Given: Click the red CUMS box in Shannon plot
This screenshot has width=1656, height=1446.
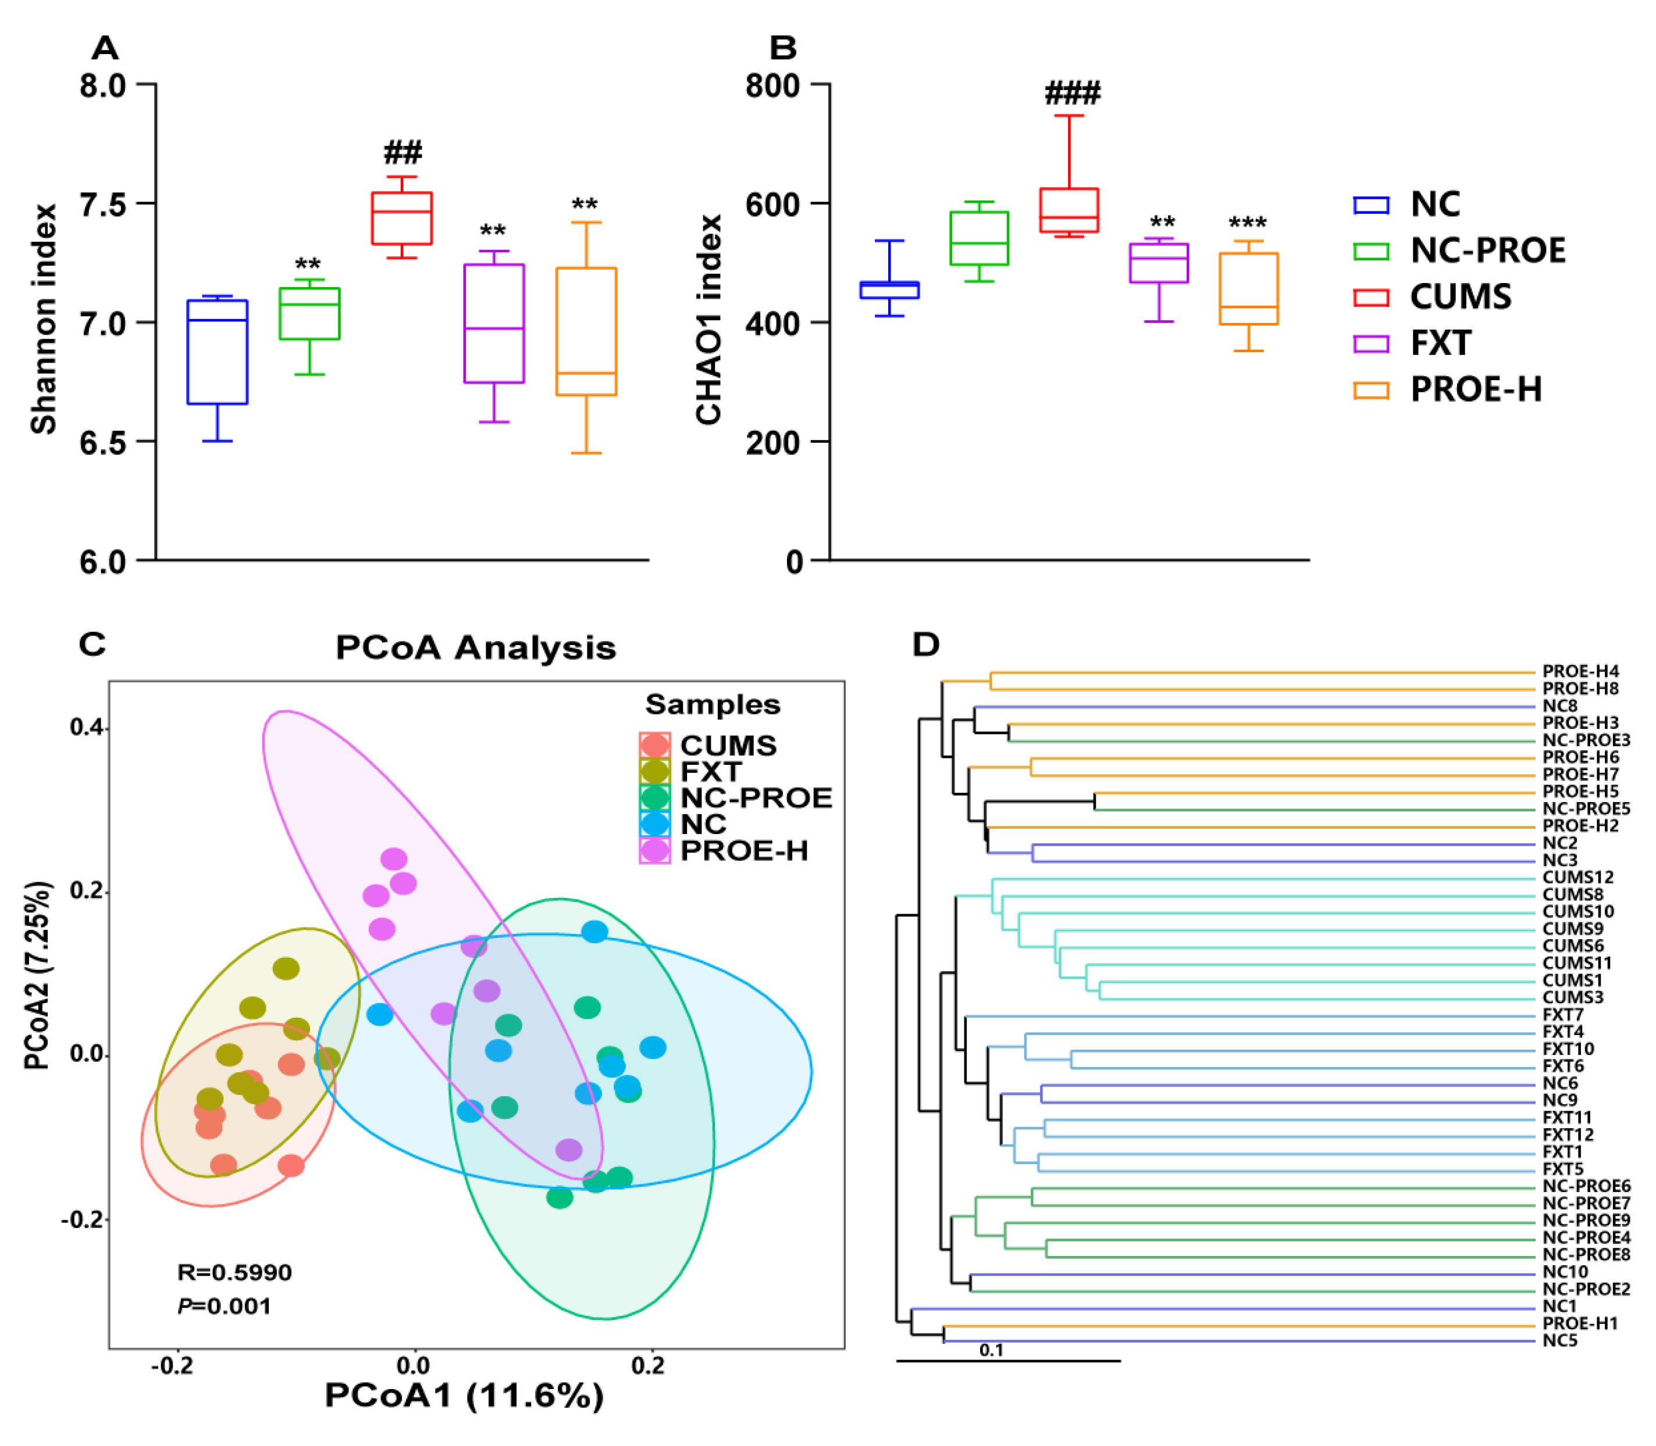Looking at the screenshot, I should point(401,218).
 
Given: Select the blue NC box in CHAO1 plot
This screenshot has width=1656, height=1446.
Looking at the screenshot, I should point(889,289).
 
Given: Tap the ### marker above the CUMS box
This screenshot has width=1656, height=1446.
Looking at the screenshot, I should point(1071,94).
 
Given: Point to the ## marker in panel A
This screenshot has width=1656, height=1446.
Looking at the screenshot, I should point(402,152).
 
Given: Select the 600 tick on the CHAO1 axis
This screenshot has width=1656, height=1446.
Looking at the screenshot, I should point(772,204).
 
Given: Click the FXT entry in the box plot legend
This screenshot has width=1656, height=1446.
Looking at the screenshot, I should point(1440,343).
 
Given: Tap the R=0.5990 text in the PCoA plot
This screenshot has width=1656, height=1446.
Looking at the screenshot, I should point(234,1272).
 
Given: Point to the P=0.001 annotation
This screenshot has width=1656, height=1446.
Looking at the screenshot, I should point(224,1307).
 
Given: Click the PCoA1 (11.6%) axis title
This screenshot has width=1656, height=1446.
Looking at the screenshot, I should point(464,1395).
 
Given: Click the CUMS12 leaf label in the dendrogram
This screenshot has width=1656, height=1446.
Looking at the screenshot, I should point(1577,877).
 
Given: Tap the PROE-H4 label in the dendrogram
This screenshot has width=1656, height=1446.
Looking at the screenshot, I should point(1580,671).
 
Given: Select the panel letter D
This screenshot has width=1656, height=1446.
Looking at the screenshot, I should point(925,645).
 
